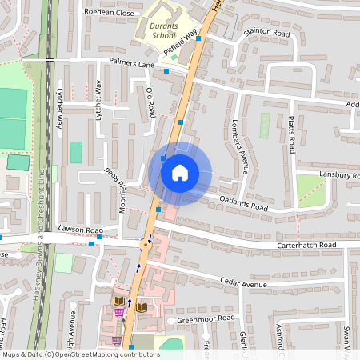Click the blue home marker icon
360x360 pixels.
(180, 173)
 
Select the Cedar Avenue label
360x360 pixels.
(244, 284)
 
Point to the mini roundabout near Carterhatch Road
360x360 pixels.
(146, 246)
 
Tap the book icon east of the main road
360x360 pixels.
(142, 306)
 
